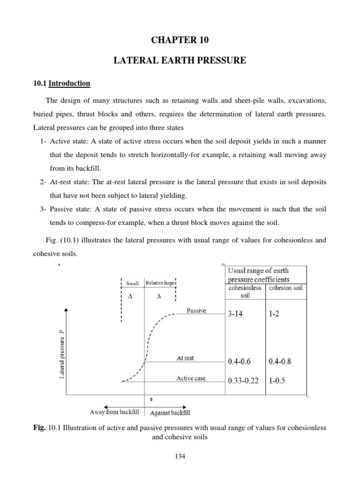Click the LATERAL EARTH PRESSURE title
pos(180,60)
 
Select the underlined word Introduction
pos(69,83)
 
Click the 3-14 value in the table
pos(238,315)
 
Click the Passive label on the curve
pos(196,310)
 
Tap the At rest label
pos(185,358)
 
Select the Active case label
pos(191,378)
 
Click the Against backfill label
pos(170,413)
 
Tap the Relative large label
pos(159,283)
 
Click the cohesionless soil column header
pos(245,292)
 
